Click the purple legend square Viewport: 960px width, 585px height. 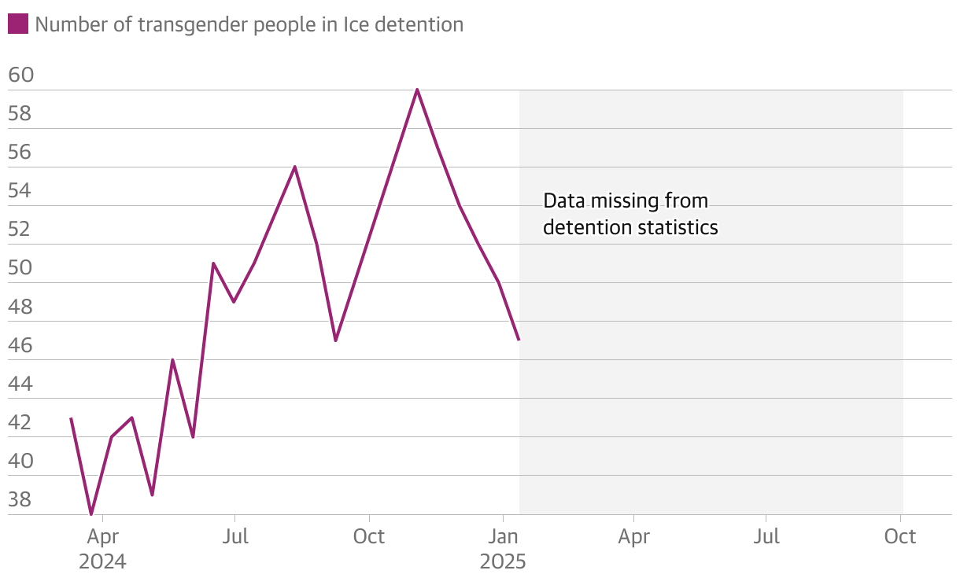pos(18,24)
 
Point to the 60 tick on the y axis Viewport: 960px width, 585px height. pos(21,75)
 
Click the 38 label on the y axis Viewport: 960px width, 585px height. pos(21,499)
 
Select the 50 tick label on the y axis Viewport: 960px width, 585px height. pos(21,268)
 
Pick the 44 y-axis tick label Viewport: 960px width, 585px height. pos(21,384)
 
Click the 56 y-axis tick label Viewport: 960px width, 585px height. pos(21,153)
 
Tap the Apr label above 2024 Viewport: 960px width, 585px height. pos(103,537)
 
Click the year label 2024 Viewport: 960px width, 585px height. pos(102,562)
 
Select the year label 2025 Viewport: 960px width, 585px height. pos(503,562)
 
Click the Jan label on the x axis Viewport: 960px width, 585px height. pos(503,537)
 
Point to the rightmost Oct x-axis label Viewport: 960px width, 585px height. pos(900,537)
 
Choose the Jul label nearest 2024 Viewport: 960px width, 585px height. pos(235,537)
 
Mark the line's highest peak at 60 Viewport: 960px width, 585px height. pos(417,90)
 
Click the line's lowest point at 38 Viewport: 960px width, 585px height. pos(92,514)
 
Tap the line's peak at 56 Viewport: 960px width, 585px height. pos(295,167)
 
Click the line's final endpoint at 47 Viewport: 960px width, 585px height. pos(519,339)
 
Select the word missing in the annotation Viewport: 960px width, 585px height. pos(627,201)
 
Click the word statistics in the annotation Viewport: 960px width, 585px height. pos(678,228)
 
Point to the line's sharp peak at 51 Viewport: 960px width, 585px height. pos(213,263)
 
